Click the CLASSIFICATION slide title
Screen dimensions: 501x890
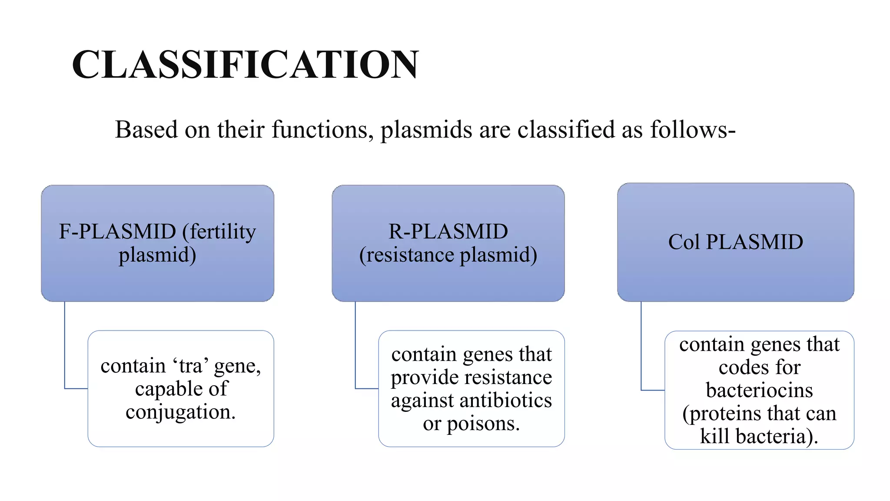click(x=245, y=64)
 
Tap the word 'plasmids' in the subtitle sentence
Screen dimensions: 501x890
click(x=426, y=130)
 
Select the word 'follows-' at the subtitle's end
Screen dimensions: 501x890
click(x=692, y=130)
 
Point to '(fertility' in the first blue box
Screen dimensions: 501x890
click(x=219, y=231)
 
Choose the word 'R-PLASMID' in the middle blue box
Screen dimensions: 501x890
click(x=448, y=231)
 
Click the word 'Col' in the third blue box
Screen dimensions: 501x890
click(x=683, y=242)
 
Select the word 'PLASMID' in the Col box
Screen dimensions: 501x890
click(x=754, y=242)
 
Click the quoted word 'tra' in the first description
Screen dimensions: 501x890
click(x=191, y=366)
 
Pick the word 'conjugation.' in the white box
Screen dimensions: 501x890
click(x=180, y=412)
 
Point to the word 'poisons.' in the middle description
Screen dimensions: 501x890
click(x=483, y=423)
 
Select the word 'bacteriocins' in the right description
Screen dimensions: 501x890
click(x=759, y=390)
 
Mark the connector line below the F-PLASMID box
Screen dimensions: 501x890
click(x=65, y=348)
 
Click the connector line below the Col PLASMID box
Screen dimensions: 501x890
click(x=641, y=348)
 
